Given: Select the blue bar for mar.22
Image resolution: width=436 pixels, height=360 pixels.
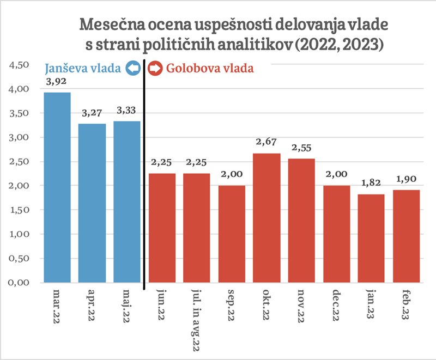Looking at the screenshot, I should [57, 188].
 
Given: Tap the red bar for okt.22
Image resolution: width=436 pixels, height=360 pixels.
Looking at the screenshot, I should [267, 218].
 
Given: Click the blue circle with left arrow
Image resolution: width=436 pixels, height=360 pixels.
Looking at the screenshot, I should [133, 69].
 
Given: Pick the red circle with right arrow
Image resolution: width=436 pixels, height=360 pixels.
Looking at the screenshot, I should [155, 69].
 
